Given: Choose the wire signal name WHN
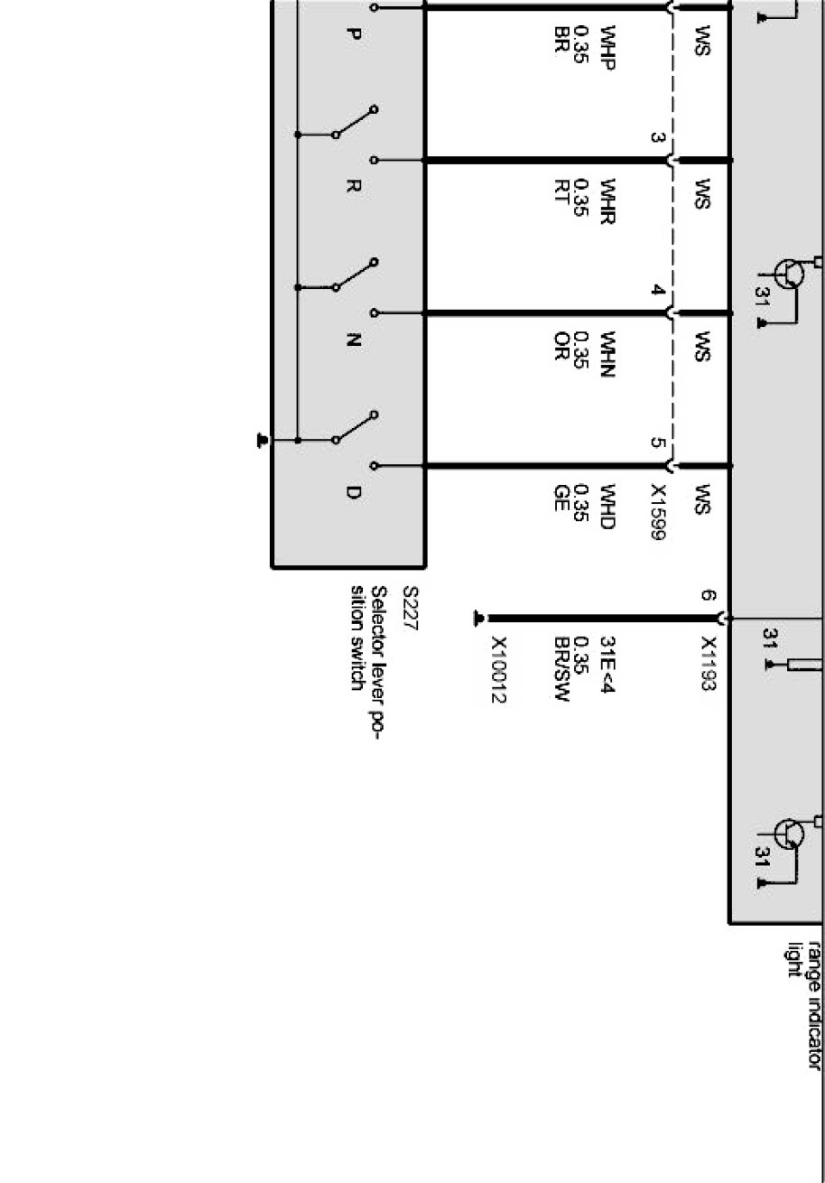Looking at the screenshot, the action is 606,359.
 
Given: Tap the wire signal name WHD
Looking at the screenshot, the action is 606,508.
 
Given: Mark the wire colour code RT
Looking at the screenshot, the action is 561,196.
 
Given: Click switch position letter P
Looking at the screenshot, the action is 354,34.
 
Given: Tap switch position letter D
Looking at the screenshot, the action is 354,493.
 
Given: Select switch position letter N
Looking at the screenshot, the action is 354,340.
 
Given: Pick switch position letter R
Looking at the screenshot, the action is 354,188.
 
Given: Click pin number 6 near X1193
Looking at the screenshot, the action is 708,596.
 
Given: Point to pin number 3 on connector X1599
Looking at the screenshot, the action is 657,138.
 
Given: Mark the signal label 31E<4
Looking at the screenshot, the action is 607,659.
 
